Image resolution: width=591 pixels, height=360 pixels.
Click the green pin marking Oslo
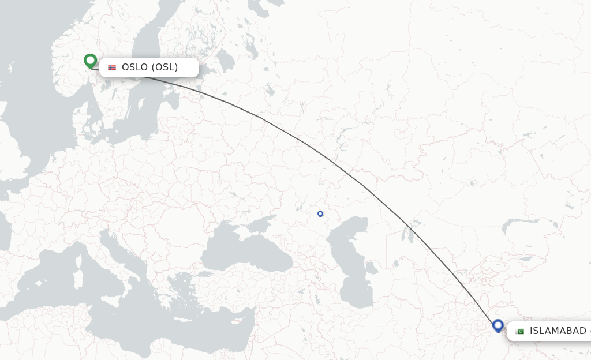point(90,60)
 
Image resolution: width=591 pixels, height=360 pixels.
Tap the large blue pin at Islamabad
point(498,325)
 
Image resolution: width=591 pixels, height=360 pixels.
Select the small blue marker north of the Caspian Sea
point(320,214)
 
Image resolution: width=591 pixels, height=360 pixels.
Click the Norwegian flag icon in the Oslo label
point(112,67)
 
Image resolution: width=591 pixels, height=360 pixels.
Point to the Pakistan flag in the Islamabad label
point(519,331)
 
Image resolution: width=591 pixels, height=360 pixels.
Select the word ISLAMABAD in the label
point(558,331)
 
